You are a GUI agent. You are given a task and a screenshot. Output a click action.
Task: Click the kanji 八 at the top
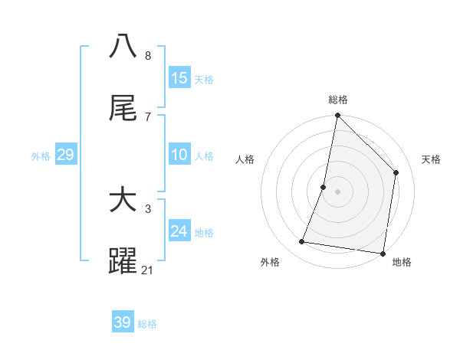pos(123,46)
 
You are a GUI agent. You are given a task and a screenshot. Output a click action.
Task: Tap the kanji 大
pos(123,201)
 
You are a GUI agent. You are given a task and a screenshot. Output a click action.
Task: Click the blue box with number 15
pos(179,78)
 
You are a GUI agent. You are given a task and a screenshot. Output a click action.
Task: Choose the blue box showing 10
pos(179,155)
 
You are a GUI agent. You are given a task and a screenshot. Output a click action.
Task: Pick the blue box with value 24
pos(179,231)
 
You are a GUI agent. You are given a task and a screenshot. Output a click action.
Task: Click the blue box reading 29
pos(66,155)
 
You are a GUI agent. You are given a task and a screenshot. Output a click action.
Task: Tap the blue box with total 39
pos(123,322)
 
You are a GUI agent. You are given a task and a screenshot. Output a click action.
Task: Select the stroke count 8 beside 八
pos(147,55)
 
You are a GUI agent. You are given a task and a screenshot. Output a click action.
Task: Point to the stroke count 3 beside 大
pos(147,208)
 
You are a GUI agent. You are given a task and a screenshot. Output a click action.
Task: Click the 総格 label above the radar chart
pos(338,100)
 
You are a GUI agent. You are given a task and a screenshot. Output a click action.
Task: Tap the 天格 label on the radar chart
pos(432,159)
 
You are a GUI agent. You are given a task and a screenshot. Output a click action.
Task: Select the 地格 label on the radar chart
pos(402,262)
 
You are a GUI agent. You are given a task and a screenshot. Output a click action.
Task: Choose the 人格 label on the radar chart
pos(245,159)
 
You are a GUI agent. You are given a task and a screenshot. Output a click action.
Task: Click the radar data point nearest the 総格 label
pos(337,116)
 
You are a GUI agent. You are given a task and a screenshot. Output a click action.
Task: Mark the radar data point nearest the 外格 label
pos(302,242)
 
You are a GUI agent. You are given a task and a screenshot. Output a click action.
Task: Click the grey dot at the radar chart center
pos(337,191)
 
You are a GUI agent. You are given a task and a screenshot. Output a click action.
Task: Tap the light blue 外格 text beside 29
pos(41,155)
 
